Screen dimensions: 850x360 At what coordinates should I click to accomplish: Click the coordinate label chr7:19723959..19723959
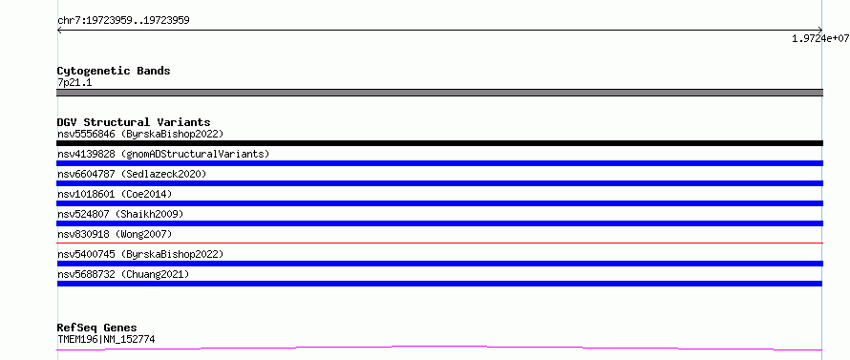point(123,21)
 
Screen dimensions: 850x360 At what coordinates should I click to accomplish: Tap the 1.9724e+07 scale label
point(820,38)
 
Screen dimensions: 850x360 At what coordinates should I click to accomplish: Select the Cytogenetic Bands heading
point(114,71)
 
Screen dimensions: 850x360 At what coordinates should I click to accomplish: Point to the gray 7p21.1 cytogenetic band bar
point(439,93)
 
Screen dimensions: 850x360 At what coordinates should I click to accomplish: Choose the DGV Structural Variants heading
point(134,122)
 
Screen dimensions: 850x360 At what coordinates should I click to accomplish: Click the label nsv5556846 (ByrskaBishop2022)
point(140,134)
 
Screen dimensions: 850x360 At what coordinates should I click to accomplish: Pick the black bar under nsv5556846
point(439,143)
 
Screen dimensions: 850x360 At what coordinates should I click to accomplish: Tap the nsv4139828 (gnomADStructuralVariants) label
point(163,154)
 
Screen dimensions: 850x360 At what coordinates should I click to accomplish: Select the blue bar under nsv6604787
point(439,183)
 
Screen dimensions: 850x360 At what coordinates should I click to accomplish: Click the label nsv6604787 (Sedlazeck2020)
point(132,174)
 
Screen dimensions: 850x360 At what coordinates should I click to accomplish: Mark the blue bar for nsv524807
point(439,223)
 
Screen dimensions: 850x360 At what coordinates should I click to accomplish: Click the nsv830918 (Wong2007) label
point(115,234)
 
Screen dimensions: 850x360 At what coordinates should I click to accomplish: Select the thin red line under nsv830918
point(439,243)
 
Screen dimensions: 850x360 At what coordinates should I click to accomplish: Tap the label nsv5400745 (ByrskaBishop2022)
point(140,254)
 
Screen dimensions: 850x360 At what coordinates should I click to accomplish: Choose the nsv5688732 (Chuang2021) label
point(123,274)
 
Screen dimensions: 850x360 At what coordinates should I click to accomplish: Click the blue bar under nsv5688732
point(439,284)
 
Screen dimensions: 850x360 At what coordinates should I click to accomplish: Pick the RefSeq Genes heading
point(97,328)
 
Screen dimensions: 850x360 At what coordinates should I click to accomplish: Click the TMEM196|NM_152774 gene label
point(107,340)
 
